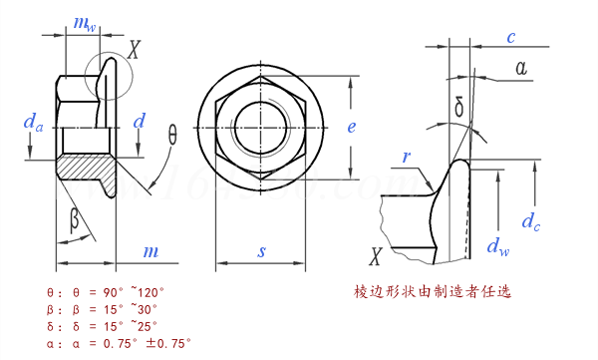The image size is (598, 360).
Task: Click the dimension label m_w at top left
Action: (85, 24)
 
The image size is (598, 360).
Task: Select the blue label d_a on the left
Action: (32, 123)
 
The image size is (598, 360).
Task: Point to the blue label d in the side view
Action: (140, 122)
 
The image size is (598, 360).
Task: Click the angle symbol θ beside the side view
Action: (172, 135)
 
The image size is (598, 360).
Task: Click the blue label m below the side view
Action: (150, 251)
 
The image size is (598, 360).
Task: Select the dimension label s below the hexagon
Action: (262, 252)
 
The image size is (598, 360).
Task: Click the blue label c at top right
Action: (510, 38)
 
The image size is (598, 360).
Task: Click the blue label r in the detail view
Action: (407, 157)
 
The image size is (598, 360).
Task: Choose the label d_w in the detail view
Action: (492, 244)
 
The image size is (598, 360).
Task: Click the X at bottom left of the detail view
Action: (376, 258)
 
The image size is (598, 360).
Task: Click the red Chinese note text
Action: (433, 293)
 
